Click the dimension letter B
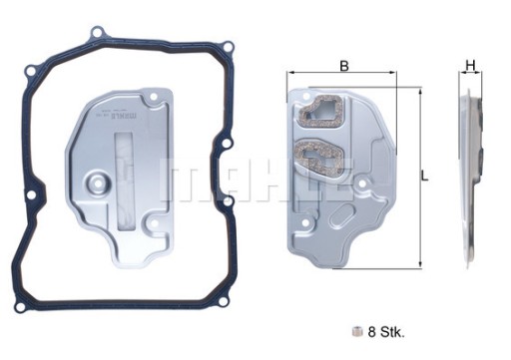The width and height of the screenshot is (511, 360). click(343, 66)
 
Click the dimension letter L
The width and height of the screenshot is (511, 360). click(424, 176)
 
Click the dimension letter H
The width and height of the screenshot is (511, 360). click(469, 66)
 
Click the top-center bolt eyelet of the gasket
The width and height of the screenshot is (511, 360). click(97, 33)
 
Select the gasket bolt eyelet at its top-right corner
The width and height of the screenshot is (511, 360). click(227, 47)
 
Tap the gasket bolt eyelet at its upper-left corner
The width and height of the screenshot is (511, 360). click(30, 71)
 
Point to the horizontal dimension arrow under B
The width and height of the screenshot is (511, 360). click(343, 76)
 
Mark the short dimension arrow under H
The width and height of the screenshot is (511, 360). click(469, 76)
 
